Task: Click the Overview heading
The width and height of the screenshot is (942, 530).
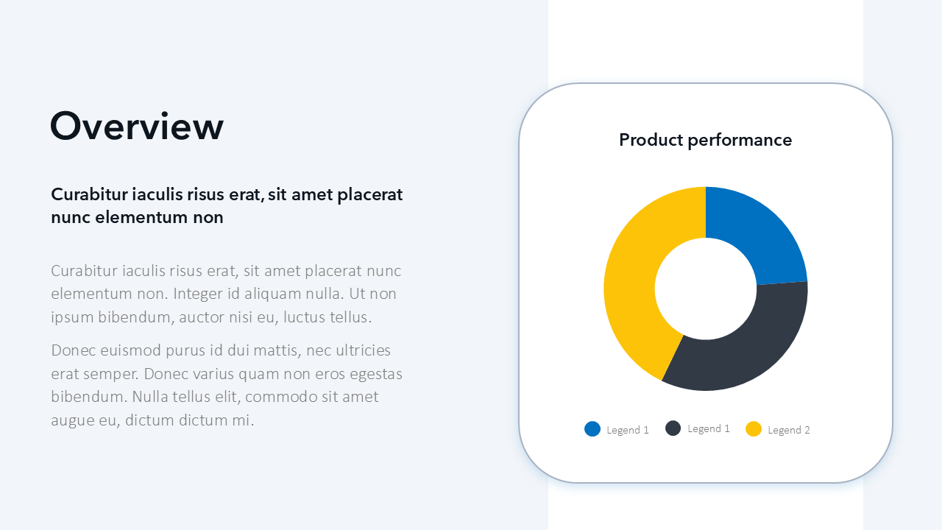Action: coord(137,126)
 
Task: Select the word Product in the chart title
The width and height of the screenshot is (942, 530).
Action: coord(651,140)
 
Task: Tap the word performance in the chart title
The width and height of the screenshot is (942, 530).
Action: coord(740,141)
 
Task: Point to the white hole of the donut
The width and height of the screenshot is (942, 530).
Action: coord(706,289)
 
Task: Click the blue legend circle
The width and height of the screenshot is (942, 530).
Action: coord(592,429)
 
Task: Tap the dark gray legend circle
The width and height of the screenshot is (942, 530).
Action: coord(673,428)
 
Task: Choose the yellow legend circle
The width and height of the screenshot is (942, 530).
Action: coord(753,429)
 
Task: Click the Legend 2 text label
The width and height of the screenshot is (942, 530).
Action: coord(788,430)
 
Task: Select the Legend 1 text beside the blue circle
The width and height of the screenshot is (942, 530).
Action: coord(628,430)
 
